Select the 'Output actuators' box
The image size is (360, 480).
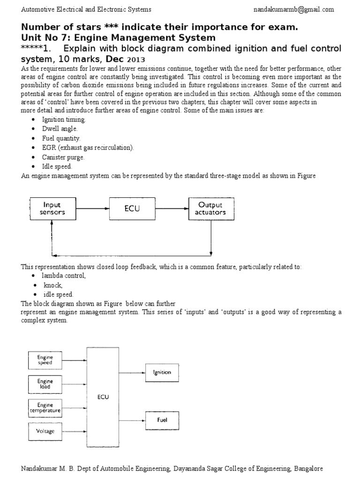pyautogui.click(x=210, y=209)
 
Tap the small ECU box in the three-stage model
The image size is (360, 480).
pyautogui.click(x=132, y=209)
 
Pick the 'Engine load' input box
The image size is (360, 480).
pyautogui.click(x=45, y=384)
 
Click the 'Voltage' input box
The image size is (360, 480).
pyautogui.click(x=45, y=431)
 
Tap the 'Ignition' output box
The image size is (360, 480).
pyautogui.click(x=162, y=373)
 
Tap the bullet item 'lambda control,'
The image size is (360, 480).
pyautogui.click(x=65, y=276)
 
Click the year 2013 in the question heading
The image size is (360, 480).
pyautogui.click(x=135, y=60)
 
